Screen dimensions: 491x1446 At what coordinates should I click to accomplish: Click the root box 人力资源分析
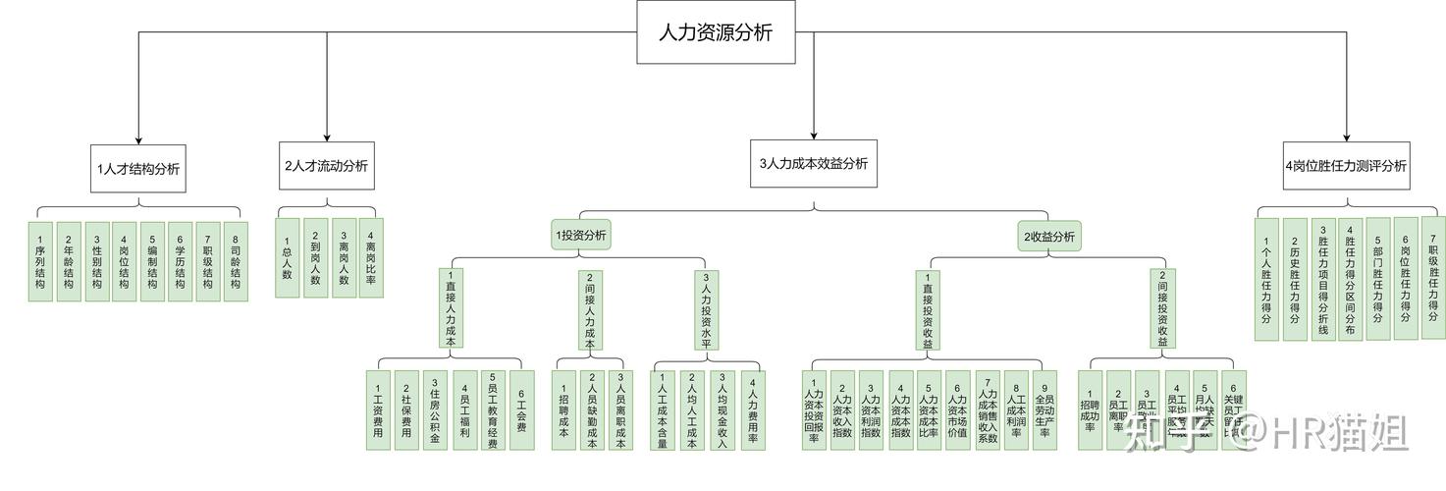coord(716,32)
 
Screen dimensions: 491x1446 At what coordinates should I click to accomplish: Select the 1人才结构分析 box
coord(137,168)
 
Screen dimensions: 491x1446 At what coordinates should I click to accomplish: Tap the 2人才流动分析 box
coord(326,166)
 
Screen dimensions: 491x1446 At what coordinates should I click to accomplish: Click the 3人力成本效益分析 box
coord(814,165)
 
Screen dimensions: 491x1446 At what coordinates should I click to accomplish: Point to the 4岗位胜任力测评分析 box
coord(1346,166)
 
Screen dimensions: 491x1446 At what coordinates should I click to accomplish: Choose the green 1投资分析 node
coord(581,236)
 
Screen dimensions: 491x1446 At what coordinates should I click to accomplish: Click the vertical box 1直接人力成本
coord(451,308)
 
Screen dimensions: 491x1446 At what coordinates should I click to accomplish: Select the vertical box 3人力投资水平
coord(706,308)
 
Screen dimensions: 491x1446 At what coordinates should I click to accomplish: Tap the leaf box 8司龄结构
coord(235,261)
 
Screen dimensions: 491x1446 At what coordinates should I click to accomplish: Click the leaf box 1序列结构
coord(40,261)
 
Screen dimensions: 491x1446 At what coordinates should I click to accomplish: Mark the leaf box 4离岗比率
coord(370,257)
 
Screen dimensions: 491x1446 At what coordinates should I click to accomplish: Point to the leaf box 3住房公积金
coord(435,410)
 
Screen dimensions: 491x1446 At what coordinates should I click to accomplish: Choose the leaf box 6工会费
coord(521,410)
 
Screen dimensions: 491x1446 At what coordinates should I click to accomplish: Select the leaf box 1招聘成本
coord(563,410)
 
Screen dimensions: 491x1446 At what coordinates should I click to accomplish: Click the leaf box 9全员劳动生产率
coord(1044,410)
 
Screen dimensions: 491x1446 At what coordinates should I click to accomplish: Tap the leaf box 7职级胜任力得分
coord(1433,279)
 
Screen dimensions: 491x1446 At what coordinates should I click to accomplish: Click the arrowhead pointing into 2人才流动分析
coord(327,137)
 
